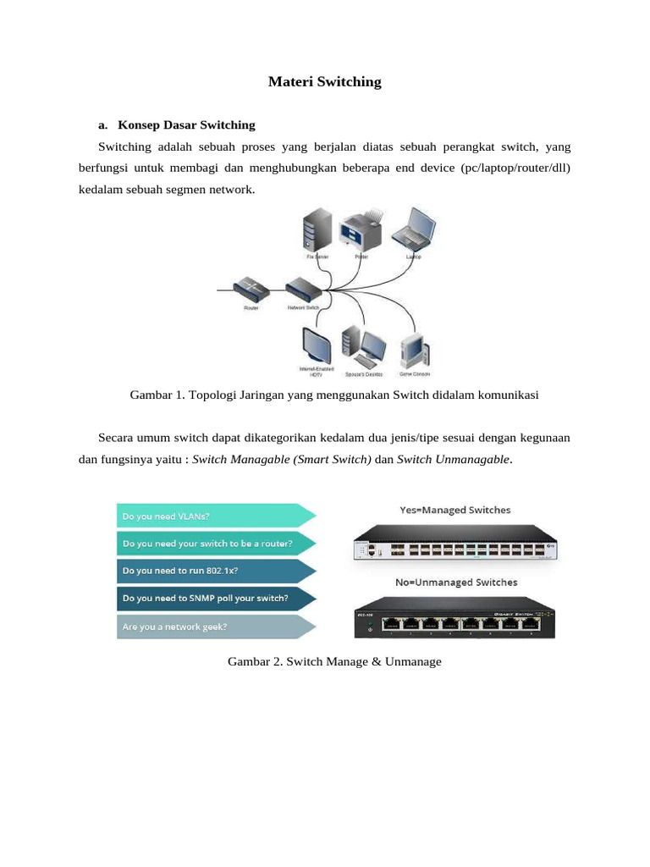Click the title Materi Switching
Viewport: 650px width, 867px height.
click(x=324, y=82)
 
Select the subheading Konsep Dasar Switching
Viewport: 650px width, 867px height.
click(x=186, y=125)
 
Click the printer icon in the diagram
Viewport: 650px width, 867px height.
click(x=362, y=228)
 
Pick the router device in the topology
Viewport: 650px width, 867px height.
click(x=252, y=288)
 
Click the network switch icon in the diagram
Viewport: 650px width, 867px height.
click(x=302, y=290)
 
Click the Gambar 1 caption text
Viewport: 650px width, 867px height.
click(x=334, y=395)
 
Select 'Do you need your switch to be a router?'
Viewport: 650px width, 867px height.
click(x=216, y=543)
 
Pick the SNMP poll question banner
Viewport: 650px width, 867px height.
click(x=216, y=598)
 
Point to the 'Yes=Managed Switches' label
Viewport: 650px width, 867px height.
click(x=454, y=510)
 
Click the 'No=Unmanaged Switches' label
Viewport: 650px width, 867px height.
click(x=455, y=583)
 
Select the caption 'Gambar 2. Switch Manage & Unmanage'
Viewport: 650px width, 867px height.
click(x=334, y=661)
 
